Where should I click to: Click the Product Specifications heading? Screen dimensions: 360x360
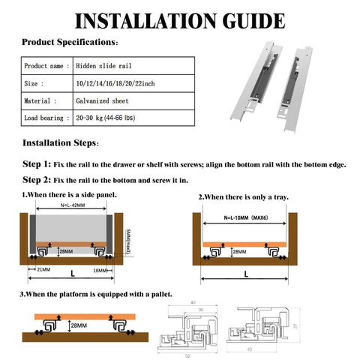[68, 42]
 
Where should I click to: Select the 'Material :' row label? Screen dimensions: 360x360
[40, 100]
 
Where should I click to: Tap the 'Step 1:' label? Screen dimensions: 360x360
[37, 163]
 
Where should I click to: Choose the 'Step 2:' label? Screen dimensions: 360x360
[37, 180]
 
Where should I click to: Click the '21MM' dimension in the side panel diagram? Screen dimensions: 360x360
[43, 269]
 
